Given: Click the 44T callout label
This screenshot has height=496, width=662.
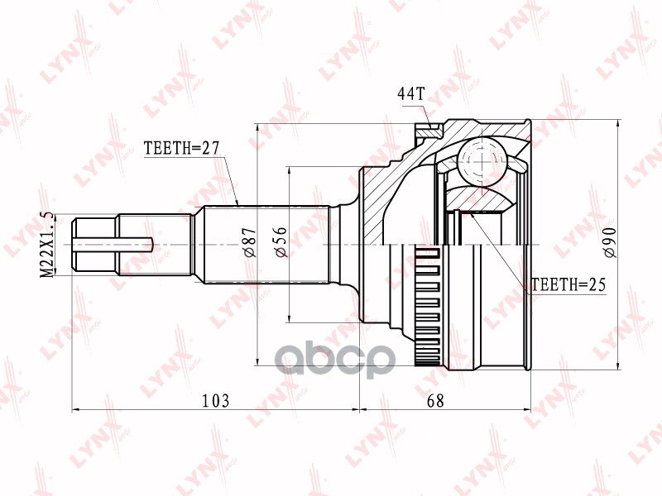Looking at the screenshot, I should point(410,93).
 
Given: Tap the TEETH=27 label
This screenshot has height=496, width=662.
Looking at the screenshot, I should point(180,149).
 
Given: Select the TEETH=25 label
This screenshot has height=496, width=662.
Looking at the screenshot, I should point(568,285).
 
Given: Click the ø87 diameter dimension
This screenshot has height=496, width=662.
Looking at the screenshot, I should point(246,245).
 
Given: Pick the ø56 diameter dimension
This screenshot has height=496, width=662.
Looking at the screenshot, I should point(281,245).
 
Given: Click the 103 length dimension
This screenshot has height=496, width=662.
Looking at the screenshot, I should point(215,401).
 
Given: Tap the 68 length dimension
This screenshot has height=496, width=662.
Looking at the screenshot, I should point(435,401).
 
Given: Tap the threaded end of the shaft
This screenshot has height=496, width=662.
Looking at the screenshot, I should point(95,244).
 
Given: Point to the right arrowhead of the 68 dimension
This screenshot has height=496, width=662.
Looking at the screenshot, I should point(527,408).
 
